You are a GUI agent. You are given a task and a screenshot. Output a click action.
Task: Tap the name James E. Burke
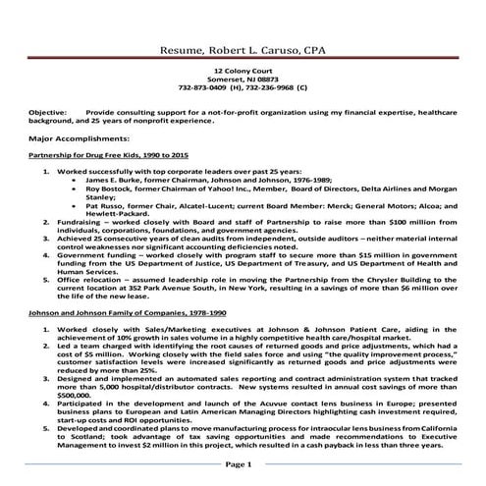tap(113, 181)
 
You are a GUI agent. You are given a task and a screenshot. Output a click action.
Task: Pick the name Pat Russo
tap(104, 206)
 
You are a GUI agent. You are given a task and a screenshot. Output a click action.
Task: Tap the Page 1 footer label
tap(242, 464)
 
